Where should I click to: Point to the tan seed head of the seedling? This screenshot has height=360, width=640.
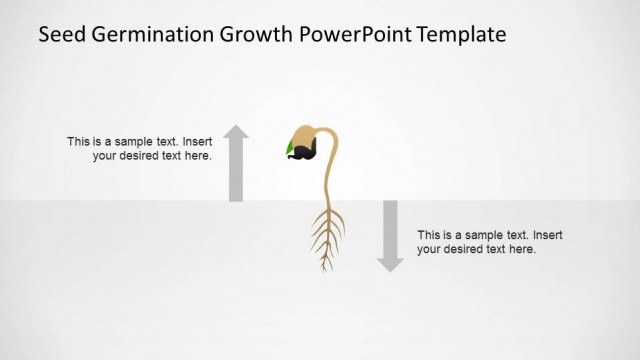(305, 135)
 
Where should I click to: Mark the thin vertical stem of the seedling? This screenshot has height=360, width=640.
(327, 180)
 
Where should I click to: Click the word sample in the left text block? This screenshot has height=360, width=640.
(127, 142)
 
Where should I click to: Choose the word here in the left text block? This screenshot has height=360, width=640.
(198, 157)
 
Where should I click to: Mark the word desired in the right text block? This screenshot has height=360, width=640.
(470, 250)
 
